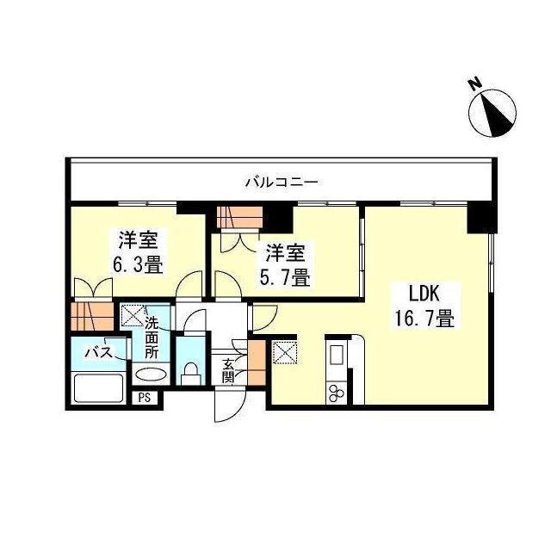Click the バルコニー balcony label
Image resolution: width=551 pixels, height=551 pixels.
point(281,182)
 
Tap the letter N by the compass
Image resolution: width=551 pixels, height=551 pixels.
point(474,84)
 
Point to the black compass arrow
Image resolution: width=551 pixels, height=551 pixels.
point(496,114)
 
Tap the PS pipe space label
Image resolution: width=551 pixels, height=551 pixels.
point(144,398)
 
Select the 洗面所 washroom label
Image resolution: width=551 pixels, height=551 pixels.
point(152,338)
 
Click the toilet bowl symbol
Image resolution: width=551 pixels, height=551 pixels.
point(190,373)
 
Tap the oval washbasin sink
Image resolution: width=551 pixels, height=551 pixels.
point(152,375)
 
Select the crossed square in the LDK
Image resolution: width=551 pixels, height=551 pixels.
point(284,353)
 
